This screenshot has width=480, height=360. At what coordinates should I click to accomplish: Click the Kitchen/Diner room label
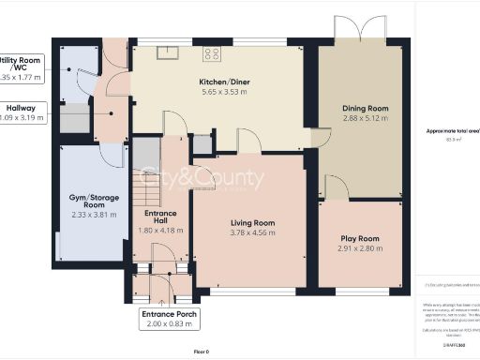[x=222, y=82]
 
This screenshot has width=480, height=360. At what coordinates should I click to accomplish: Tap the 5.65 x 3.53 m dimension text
[x=222, y=92]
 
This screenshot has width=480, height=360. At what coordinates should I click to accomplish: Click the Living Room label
[x=253, y=223]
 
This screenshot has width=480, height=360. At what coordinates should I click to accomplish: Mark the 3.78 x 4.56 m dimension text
[x=253, y=233]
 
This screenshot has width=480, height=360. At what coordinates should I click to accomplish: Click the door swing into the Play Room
[x=338, y=188]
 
